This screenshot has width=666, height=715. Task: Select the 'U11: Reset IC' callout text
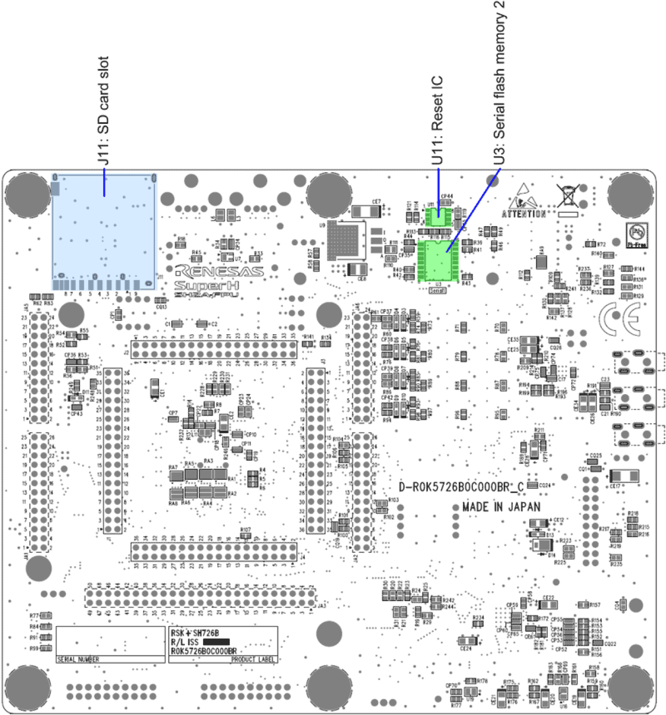pos(437,121)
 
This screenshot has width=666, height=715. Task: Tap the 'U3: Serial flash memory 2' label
pos(499,83)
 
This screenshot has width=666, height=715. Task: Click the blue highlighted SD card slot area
pos(104,231)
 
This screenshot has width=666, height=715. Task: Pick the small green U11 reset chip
pos(439,216)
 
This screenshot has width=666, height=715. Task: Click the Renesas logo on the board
pos(220,272)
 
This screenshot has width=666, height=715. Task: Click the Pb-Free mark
pos(636,235)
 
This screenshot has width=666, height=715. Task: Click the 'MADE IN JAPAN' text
pos(501,507)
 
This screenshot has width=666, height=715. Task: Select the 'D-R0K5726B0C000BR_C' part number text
pos(461,487)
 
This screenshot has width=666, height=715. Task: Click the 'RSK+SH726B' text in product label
pos(195,633)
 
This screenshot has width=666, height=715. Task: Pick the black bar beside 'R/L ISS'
pos(216,642)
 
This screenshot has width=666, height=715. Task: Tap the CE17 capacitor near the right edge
pos(625,476)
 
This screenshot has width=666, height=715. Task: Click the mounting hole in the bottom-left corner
pos(28,687)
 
